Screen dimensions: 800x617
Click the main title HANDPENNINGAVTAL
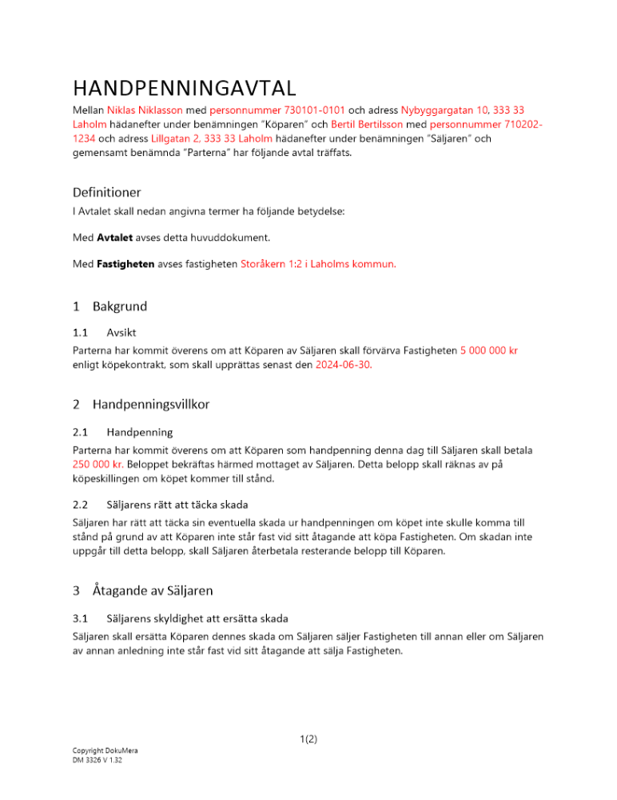(x=185, y=86)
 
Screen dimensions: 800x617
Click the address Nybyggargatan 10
(x=444, y=110)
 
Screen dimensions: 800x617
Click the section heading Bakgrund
(x=119, y=306)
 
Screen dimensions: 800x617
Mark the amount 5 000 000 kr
(x=489, y=350)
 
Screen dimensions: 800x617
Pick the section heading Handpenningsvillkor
(x=151, y=404)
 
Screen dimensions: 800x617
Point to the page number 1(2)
(x=308, y=739)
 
